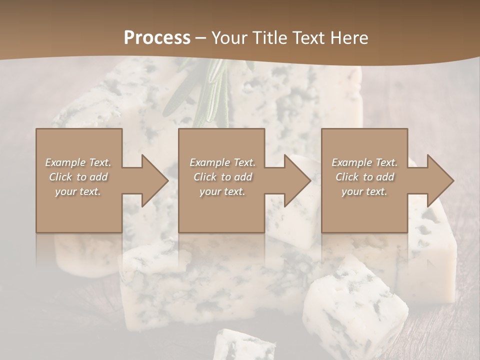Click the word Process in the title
point(157,38)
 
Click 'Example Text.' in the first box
point(78,162)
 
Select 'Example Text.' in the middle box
point(222,162)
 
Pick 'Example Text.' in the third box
point(364,162)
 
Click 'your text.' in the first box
point(78,191)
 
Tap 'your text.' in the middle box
point(222,191)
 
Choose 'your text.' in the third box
point(364,191)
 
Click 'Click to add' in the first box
point(78,177)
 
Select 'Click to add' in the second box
point(222,177)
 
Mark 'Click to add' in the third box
point(364,177)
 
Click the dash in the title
point(201,38)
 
